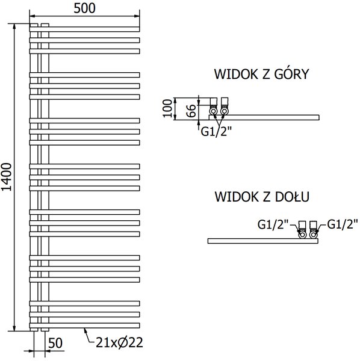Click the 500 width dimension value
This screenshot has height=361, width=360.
(84, 8)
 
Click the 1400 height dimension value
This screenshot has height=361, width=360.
(6, 177)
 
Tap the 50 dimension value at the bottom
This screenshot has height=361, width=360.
(55, 343)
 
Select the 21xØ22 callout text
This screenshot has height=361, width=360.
(119, 342)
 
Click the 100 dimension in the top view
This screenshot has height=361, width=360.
(167, 108)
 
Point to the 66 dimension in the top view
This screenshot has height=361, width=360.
(191, 111)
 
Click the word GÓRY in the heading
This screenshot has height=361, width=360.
(291, 73)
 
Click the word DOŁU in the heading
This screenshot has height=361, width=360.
(292, 197)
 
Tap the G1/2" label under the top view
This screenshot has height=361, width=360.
(216, 132)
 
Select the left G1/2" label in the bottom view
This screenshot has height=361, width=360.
(273, 224)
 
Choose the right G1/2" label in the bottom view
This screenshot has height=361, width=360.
(343, 224)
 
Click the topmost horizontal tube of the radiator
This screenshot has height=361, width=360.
(84, 29)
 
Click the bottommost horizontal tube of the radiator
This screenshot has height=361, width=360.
(84, 326)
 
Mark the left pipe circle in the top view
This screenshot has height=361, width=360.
(213, 112)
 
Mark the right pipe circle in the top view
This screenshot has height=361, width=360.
(224, 112)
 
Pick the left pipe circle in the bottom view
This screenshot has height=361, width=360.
(302, 235)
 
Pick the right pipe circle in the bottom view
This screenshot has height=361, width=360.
(313, 235)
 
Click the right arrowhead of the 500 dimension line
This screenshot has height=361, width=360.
(137, 16)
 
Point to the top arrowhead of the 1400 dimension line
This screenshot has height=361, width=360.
(14, 26)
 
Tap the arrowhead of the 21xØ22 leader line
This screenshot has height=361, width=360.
(85, 330)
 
